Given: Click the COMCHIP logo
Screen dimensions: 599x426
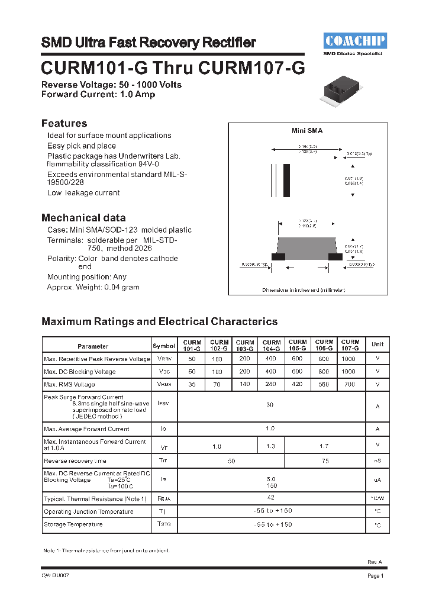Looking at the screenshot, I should [355, 40].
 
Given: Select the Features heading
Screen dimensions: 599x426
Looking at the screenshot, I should [64, 123].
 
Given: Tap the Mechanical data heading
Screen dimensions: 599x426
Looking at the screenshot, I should [83, 217].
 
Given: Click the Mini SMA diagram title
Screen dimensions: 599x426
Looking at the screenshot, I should [307, 131].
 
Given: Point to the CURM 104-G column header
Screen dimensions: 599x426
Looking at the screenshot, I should [272, 346].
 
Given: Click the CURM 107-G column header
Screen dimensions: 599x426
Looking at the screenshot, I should [350, 346].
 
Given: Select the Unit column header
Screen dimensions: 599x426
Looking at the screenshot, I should [377, 344].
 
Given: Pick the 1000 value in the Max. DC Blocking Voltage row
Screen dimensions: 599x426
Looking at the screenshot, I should [348, 372].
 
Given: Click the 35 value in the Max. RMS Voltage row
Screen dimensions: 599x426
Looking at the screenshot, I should [191, 384].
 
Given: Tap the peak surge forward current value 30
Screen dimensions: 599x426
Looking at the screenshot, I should [270, 405].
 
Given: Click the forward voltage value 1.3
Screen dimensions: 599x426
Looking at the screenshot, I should [271, 445].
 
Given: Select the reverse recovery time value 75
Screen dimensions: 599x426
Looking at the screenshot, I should [325, 460].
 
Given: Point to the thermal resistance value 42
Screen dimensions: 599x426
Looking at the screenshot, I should [270, 498].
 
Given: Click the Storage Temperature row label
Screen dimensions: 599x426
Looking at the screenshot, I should [73, 524].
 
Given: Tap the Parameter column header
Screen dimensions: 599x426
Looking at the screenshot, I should [93, 346].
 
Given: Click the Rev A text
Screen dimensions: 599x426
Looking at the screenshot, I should [375, 562].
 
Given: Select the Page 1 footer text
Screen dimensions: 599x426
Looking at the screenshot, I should [376, 575].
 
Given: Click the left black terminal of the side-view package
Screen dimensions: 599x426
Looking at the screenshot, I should [278, 256].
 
